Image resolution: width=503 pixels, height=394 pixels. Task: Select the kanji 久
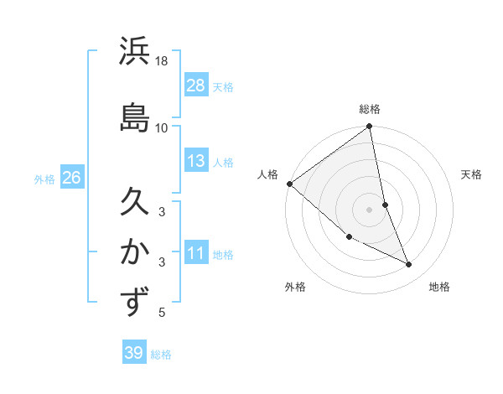coord(134,202)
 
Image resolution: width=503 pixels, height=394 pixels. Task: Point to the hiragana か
coord(134,251)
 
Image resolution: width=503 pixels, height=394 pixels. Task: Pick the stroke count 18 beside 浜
coord(162,61)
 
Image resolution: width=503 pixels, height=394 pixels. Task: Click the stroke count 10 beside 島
coord(162,127)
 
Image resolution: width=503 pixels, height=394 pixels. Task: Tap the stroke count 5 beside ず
coord(162,313)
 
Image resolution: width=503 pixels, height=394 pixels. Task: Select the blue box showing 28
coord(196,85)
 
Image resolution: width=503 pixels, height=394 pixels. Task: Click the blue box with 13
coord(196,161)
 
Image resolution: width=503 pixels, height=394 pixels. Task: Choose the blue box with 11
coord(196,253)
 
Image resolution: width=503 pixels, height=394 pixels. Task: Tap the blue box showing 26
coord(71,178)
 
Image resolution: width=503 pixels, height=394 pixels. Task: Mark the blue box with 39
coord(133,353)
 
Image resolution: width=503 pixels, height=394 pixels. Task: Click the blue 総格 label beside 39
coord(162,355)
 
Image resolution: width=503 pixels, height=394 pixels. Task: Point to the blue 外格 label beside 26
coord(44,179)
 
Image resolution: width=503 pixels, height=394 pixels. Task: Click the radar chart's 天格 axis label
coord(472,174)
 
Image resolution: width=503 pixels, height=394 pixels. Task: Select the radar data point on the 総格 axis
coord(370,127)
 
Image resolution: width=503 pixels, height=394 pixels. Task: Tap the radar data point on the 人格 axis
coord(289,184)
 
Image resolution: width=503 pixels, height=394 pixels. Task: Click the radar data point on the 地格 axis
coord(409,265)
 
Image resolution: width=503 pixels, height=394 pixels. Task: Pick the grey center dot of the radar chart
coord(370,209)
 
